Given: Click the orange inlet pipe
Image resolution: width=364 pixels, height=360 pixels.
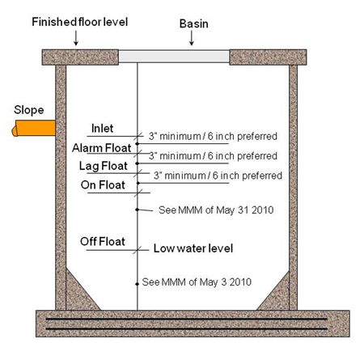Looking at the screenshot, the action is point(34,128).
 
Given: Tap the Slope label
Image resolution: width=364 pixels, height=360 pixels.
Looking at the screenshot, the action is point(29,110).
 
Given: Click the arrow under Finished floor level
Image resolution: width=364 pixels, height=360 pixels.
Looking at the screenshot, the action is point(76,38).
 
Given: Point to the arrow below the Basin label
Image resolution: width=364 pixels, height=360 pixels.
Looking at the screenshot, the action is point(192,38).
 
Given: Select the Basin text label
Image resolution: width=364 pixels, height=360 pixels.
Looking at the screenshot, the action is point(194,23).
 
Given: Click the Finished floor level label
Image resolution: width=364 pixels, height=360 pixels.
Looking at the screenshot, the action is point(80,22).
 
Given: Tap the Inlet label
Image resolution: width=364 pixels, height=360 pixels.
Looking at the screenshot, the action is point(102,129).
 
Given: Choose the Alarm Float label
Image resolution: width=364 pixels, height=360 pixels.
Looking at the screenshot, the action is point(101,148).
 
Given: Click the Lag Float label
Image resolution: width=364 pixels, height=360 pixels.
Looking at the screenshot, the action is point(104,166).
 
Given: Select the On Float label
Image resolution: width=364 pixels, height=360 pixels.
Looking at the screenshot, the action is point(103,185).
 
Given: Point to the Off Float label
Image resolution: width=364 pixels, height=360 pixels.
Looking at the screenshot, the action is point(103,241).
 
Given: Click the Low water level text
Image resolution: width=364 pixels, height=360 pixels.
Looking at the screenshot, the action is point(193,248).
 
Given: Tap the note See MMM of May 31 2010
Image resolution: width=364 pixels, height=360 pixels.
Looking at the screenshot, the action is point(216,210).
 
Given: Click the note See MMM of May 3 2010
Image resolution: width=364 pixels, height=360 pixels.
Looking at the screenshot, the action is point(197,282).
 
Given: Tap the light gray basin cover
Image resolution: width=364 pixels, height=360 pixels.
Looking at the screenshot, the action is point(174,57).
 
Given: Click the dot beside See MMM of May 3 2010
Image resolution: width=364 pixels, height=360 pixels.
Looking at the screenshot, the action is point(138,284).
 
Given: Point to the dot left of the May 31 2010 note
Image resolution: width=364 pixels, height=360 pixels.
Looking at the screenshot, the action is point(138,210).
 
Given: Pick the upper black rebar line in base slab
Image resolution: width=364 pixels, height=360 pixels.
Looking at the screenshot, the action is point(187,319).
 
